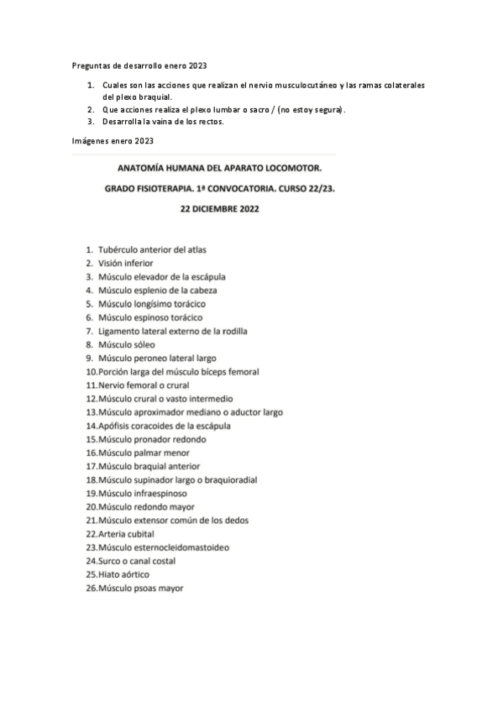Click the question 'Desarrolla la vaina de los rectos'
163,121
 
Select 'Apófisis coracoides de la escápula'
164,426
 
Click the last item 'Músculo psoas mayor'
140,589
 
